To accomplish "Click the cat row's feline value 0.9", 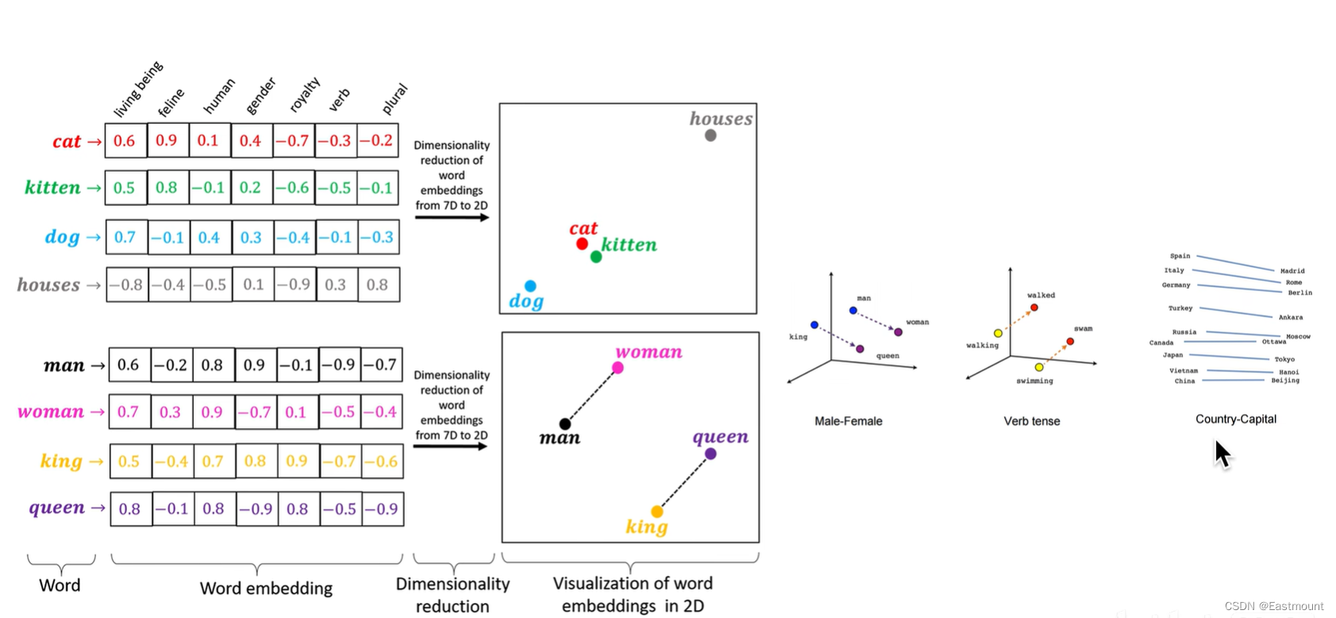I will pyautogui.click(x=167, y=140).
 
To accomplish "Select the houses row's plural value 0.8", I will pyautogui.click(x=377, y=285).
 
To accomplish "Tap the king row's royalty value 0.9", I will pyautogui.click(x=297, y=461).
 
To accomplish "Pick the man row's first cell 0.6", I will pyautogui.click(x=129, y=365).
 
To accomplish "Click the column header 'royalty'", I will pyautogui.click(x=304, y=95).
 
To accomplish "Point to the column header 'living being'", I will pyautogui.click(x=138, y=89).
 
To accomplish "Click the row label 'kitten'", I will pyautogui.click(x=52, y=188).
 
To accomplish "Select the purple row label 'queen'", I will pyautogui.click(x=56, y=508).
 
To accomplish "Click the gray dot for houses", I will pyautogui.click(x=710, y=136).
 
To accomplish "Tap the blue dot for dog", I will pyautogui.click(x=530, y=286).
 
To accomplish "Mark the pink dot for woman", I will pyautogui.click(x=618, y=368).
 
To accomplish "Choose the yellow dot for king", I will pyautogui.click(x=657, y=512).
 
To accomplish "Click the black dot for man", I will pyautogui.click(x=565, y=424).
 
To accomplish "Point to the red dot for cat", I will pyautogui.click(x=582, y=244).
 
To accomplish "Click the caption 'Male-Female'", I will pyautogui.click(x=848, y=421).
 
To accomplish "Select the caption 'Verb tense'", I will pyautogui.click(x=1031, y=421).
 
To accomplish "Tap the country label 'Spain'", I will pyautogui.click(x=1180, y=256).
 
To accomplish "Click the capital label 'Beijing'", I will pyautogui.click(x=1284, y=381).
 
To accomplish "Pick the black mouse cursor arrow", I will pyautogui.click(x=1222, y=454).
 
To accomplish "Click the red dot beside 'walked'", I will pyautogui.click(x=1034, y=307).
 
